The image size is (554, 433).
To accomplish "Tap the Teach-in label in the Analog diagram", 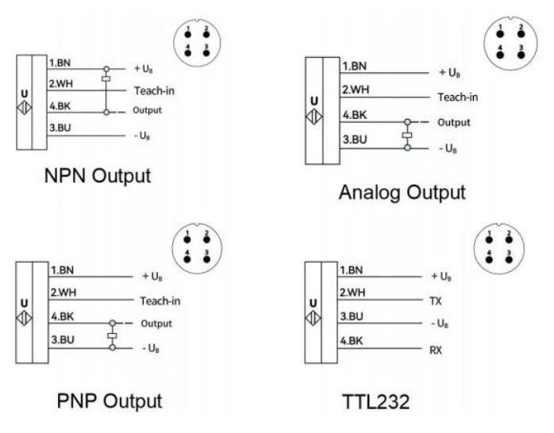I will [457, 97].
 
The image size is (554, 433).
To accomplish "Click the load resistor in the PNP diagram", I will [113, 336].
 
